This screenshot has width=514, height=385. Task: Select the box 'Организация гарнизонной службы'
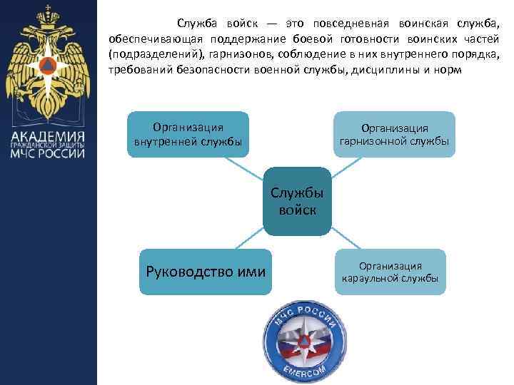pos(395,134)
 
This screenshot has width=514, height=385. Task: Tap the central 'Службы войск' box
pos(296,202)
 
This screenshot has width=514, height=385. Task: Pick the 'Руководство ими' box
pos(206,272)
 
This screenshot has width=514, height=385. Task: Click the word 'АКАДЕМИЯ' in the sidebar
pos(48,137)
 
